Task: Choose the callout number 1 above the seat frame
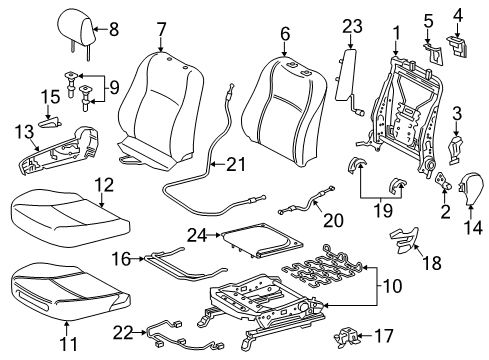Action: tap(397, 33)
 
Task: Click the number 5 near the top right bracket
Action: tap(429, 19)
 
